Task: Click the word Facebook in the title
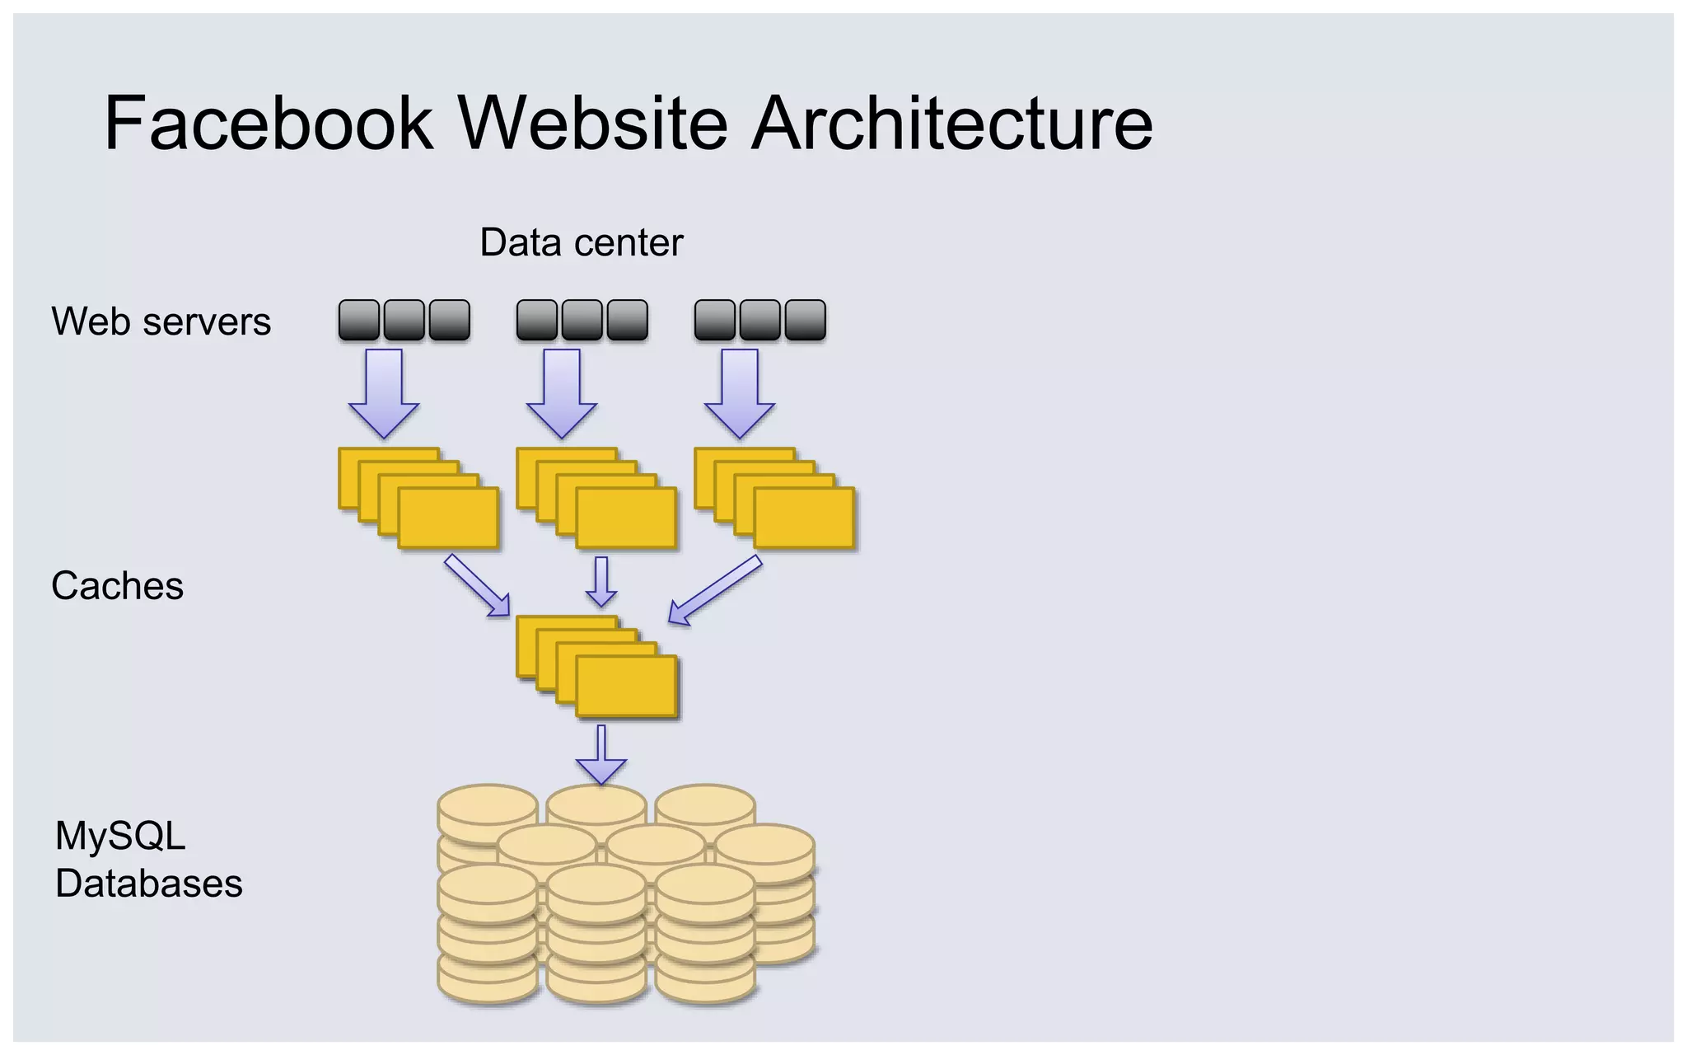pos(269,124)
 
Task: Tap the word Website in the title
pos(592,124)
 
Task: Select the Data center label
pos(581,242)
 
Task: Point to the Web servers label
pos(161,321)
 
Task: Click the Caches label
pos(117,586)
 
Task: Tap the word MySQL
pos(120,836)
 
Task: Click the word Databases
pos(148,884)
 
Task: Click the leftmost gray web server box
pos(359,320)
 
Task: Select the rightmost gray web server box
pos(805,320)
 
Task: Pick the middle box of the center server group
pos(582,320)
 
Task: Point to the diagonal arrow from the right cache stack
pos(714,590)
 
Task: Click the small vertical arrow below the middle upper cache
pos(601,582)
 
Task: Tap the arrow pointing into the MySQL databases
pos(601,754)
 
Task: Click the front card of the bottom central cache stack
pos(627,686)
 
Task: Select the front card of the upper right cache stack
pos(804,518)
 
